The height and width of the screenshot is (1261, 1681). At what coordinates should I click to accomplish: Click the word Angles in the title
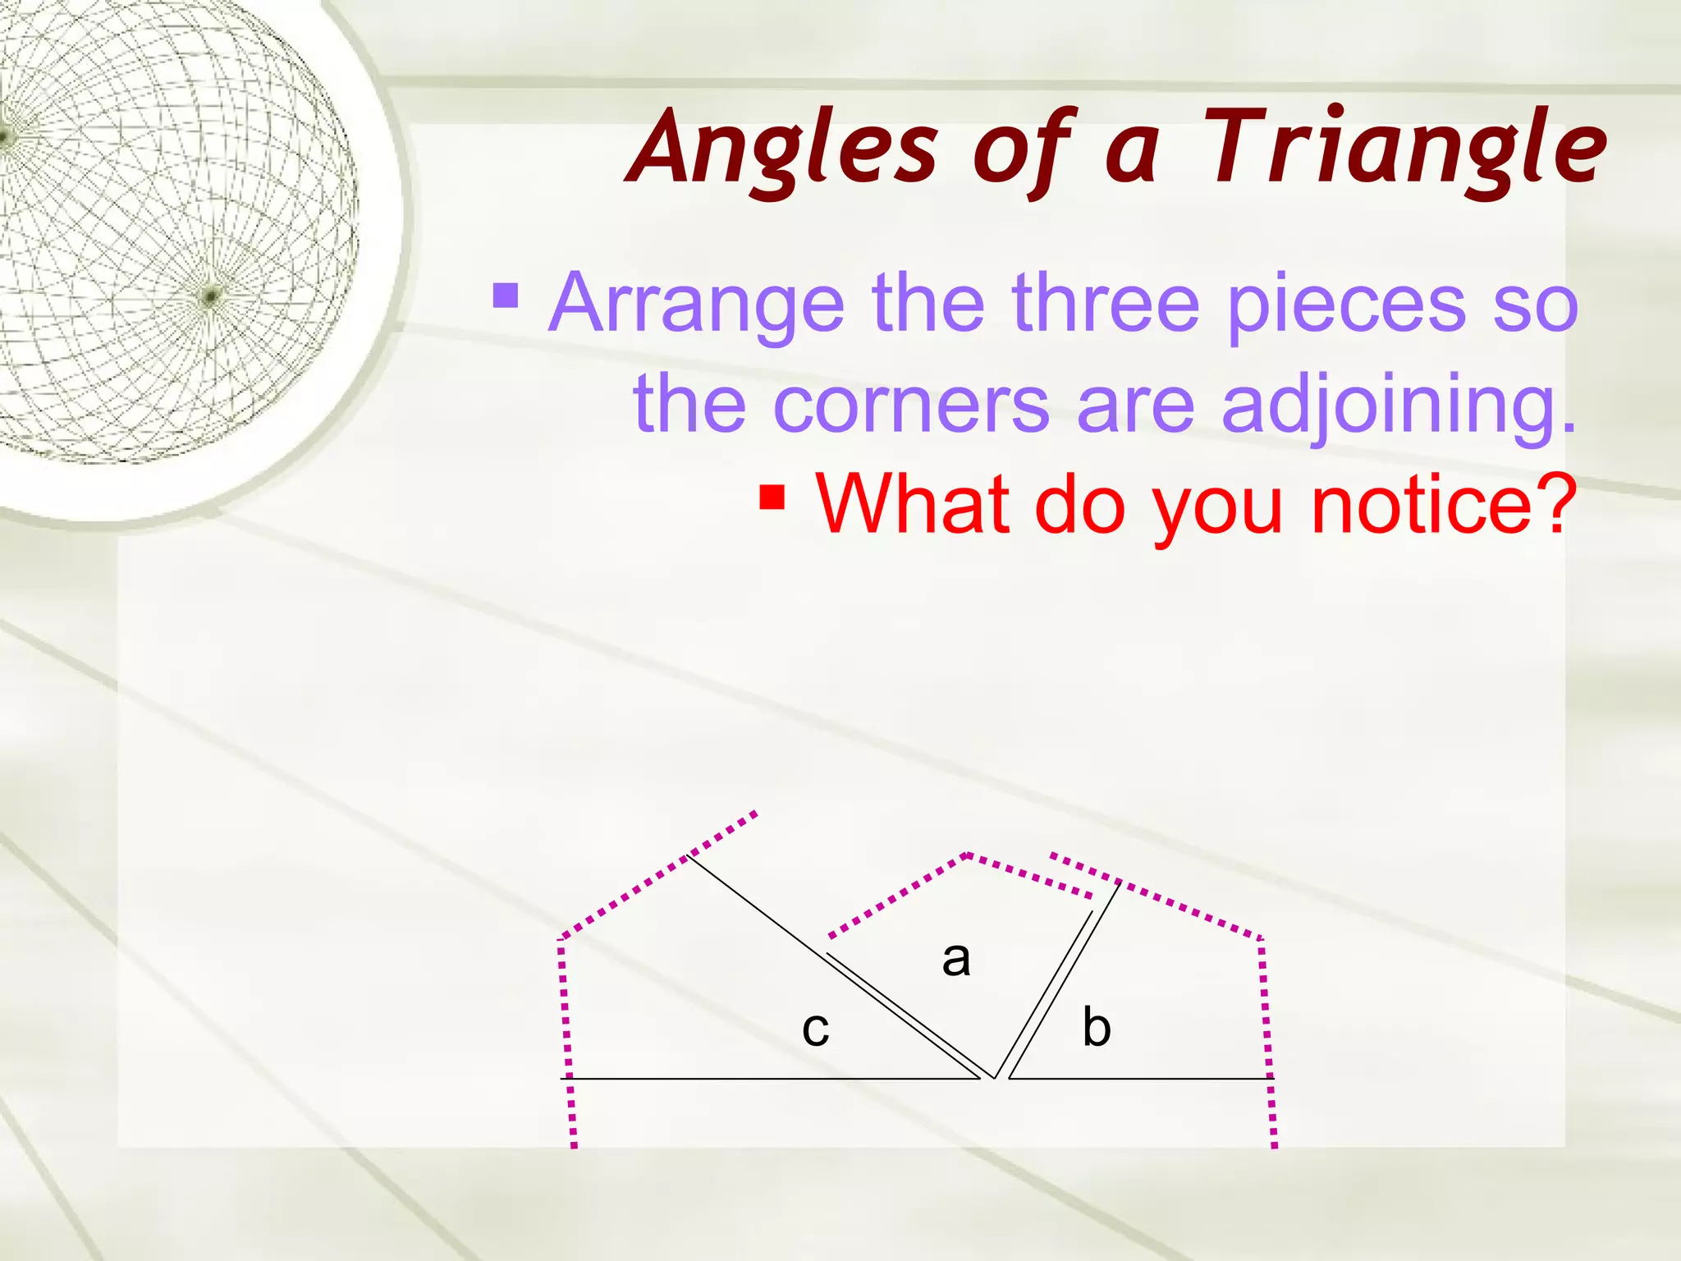coord(784,149)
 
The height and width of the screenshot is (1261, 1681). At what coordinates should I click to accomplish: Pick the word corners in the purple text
coord(911,404)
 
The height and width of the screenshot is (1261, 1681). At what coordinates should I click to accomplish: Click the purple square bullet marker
coord(506,296)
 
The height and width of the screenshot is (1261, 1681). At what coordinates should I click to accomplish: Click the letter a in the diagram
coord(956,959)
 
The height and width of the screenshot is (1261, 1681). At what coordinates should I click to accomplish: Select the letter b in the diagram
coord(1097,1026)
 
